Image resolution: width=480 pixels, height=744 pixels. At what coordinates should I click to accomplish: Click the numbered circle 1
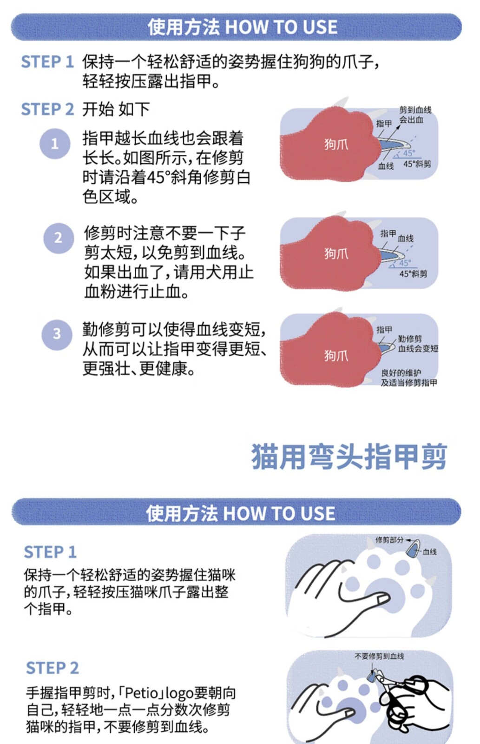point(55,144)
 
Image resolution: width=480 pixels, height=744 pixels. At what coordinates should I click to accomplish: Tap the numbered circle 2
point(59,238)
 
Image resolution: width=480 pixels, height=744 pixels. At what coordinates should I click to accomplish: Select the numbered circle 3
point(57,334)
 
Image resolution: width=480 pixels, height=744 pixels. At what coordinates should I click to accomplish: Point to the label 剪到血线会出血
point(415,114)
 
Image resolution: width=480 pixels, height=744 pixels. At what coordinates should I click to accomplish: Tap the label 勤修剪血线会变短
point(418,344)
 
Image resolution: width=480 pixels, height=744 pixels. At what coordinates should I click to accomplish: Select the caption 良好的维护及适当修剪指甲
point(408,378)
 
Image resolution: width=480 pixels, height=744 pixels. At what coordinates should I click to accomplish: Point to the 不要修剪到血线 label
point(379,656)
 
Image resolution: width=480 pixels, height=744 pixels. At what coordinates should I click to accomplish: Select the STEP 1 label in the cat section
point(50,552)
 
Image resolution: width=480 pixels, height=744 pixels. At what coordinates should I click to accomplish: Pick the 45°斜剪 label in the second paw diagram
point(413,274)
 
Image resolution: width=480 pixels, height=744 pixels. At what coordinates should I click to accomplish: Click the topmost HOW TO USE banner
point(237,27)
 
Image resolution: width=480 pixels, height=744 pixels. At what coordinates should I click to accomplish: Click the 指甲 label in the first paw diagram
point(384,124)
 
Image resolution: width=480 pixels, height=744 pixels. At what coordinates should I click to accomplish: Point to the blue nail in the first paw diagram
point(394,145)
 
